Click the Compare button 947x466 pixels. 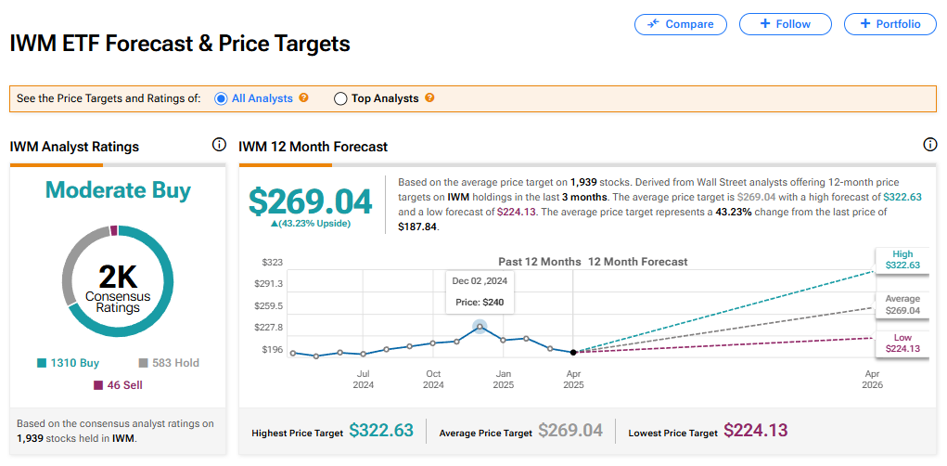point(681,24)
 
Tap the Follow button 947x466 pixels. point(785,24)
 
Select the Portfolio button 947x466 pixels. point(889,24)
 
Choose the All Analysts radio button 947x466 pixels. point(221,98)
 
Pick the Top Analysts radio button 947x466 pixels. point(340,98)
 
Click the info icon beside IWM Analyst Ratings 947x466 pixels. point(219,145)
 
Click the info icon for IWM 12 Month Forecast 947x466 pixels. point(930,145)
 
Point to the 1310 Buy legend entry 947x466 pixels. point(69,363)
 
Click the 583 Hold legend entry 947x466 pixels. point(169,363)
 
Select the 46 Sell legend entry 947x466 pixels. point(119,384)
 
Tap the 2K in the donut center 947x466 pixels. point(119,276)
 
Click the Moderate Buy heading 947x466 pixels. point(119,190)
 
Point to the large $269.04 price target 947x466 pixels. point(311,201)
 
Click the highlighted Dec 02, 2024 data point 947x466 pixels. point(480,326)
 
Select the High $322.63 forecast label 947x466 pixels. point(902,260)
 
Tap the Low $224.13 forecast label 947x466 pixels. point(902,343)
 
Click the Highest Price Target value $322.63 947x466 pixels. point(381,431)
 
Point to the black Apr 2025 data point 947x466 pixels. point(573,352)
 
